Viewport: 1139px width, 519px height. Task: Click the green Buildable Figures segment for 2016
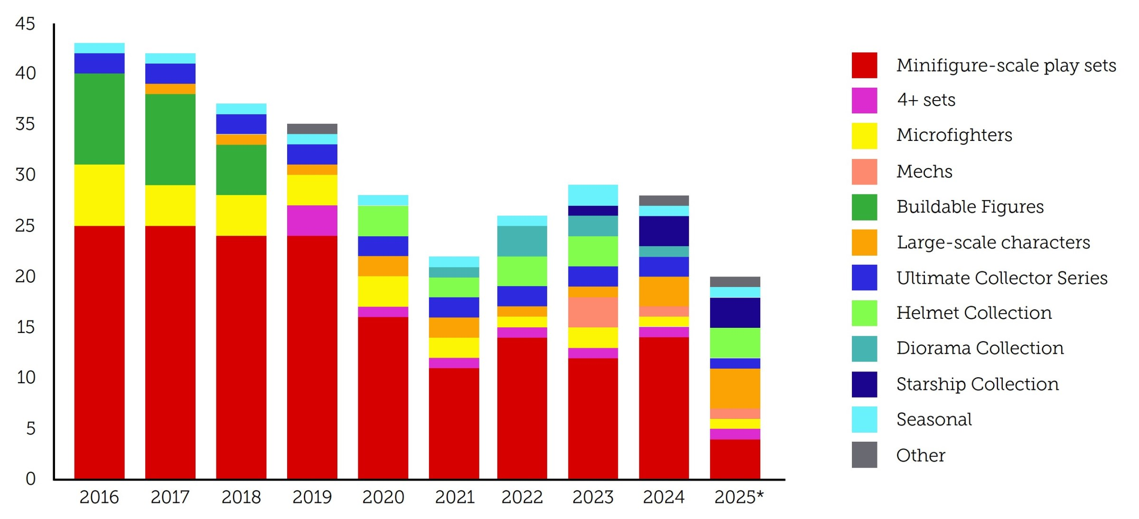coord(99,119)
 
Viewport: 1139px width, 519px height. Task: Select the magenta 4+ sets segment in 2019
coord(312,220)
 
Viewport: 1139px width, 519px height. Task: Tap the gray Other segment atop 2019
coord(312,129)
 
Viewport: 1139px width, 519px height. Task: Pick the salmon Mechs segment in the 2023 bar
coord(593,312)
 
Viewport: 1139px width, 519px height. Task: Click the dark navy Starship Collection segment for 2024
coord(663,231)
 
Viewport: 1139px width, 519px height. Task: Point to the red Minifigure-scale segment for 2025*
coord(735,459)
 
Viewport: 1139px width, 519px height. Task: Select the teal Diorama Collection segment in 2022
coord(522,241)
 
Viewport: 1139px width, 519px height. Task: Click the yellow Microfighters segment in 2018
coord(241,215)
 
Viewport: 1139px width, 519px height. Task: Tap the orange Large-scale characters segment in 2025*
coord(735,388)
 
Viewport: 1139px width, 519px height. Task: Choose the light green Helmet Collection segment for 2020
coord(383,221)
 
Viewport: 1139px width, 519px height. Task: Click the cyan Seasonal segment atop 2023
coord(593,195)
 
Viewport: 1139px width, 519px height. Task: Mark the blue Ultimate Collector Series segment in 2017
coord(170,74)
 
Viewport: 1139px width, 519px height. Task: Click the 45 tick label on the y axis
coord(25,24)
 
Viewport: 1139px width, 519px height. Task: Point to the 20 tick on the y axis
coord(25,276)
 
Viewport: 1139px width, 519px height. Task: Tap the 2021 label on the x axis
coord(454,497)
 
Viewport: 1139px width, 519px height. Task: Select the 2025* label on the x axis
coord(738,497)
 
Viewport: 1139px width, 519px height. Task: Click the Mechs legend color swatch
coord(864,171)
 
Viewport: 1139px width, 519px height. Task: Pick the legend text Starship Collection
coord(977,384)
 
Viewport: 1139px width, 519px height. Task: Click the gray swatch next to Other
coord(864,455)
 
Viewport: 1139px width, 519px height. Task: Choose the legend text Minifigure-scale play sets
coord(1006,65)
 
